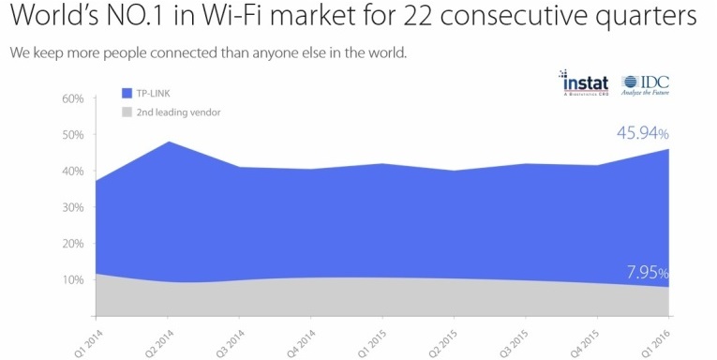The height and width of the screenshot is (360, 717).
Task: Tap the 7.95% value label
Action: tap(647, 273)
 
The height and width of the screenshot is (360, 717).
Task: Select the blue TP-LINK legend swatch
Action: tap(128, 94)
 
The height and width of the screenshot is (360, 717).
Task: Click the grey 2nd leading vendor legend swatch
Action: tap(128, 112)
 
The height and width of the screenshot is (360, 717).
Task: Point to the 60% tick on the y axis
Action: tap(73, 97)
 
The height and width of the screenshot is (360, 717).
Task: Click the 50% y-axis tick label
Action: tap(73, 134)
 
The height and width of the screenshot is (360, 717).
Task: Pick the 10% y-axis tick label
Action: tap(73, 279)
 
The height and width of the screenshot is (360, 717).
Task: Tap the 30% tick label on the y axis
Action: tap(73, 206)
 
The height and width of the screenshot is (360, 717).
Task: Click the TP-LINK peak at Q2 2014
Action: tap(168, 142)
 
